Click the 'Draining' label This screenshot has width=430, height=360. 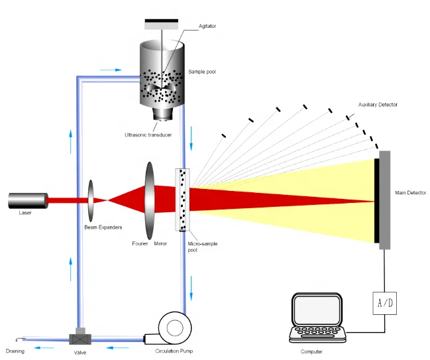[x=16, y=351]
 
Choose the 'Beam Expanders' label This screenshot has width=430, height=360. [x=103, y=227]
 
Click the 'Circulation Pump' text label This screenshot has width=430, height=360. [x=175, y=351]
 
